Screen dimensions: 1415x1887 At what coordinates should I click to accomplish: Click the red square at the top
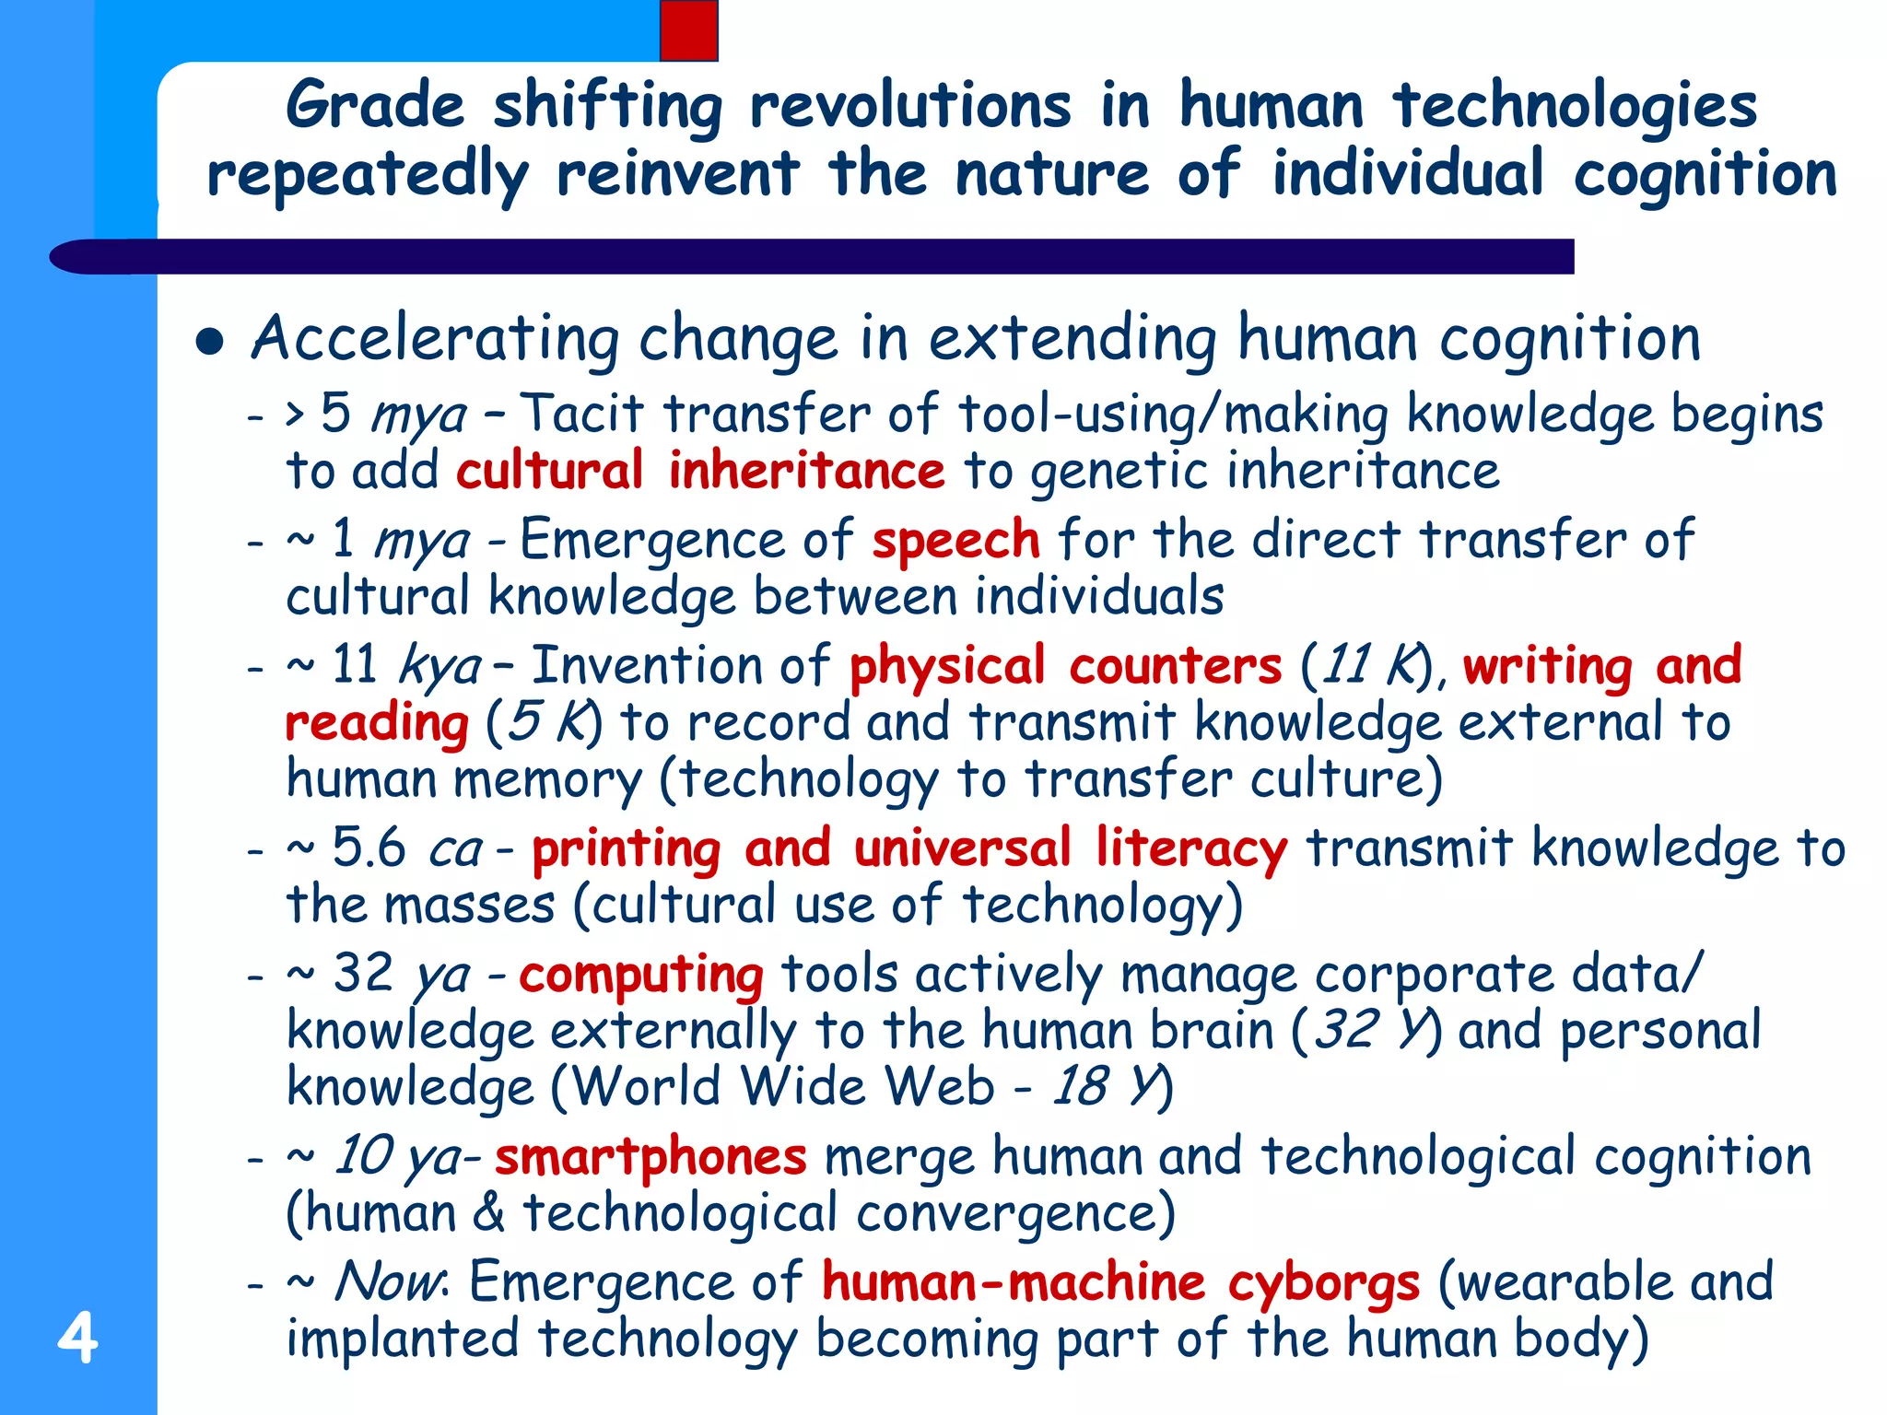688,30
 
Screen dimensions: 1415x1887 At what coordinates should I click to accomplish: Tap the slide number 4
77,1338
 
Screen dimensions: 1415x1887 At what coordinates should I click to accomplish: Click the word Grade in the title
375,105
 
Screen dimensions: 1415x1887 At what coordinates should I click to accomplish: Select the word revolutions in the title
910,105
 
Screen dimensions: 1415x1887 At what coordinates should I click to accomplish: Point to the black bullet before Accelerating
210,342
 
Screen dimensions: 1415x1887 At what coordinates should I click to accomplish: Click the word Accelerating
435,338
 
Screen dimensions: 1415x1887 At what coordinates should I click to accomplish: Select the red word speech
955,540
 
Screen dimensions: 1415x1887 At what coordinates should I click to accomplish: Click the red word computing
640,975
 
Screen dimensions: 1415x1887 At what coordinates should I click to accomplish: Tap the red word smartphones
650,1156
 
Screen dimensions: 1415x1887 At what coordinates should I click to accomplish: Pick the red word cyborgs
1323,1283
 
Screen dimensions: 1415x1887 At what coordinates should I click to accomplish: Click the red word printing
627,849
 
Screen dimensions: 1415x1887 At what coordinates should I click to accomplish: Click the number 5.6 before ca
369,848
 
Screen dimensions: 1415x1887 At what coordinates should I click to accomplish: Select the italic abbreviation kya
440,666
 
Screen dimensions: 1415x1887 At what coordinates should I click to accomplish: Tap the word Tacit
581,414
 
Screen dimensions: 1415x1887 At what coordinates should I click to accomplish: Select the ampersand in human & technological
489,1213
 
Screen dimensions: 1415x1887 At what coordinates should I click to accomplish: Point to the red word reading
377,723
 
